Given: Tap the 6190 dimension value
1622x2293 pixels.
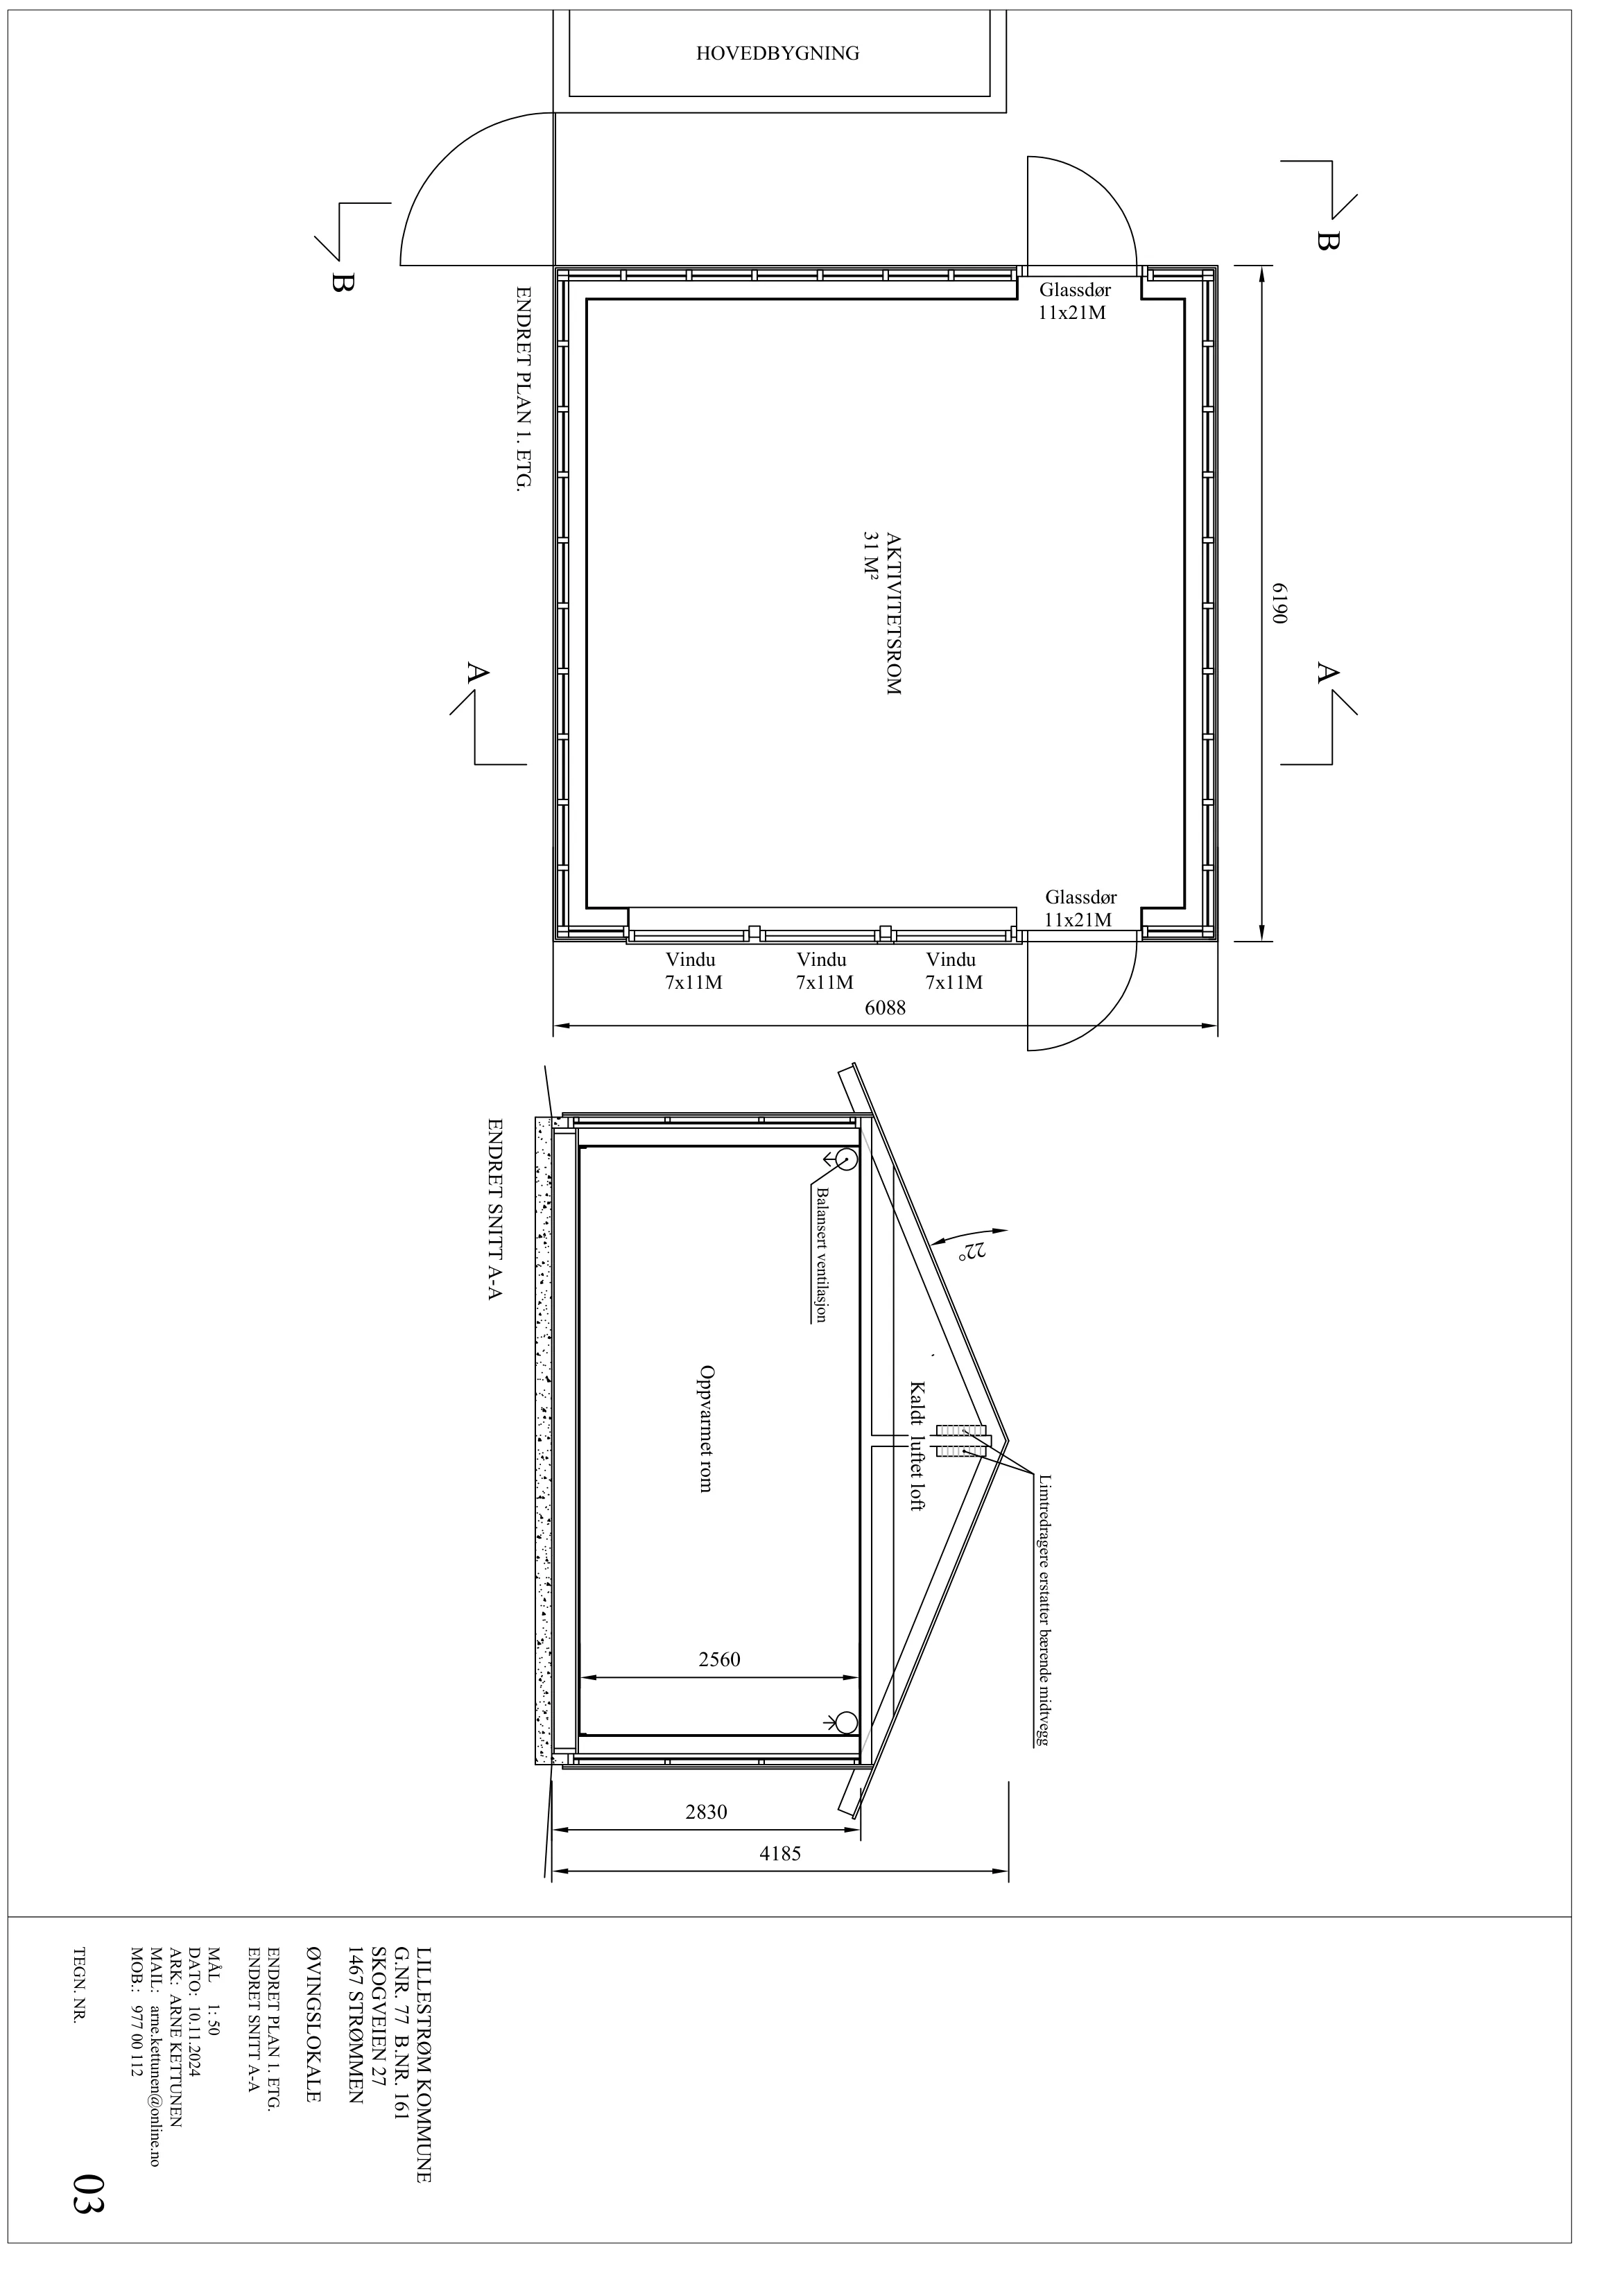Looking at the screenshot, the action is tap(1279, 603).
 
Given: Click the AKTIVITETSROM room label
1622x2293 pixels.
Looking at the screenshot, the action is tap(893, 614).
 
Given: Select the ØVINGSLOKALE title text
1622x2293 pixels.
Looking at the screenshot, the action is tap(313, 2025).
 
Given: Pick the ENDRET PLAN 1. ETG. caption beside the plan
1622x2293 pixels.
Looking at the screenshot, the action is tap(521, 390).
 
